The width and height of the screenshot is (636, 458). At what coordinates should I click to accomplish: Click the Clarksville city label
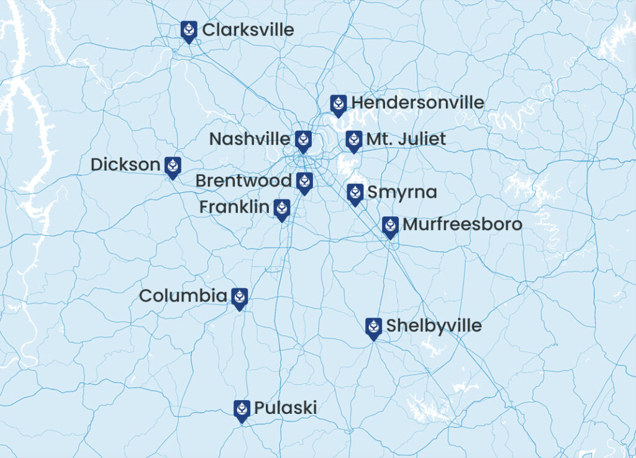248,30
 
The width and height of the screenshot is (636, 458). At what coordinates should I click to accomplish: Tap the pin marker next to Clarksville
189,30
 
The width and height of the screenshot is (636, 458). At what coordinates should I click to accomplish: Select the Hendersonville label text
417,103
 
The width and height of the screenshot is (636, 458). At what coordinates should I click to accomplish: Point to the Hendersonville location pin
338,105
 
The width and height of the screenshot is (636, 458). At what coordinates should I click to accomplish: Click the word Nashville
249,139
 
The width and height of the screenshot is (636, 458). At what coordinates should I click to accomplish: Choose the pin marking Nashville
303,141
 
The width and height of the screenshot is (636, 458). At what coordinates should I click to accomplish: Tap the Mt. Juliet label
406,139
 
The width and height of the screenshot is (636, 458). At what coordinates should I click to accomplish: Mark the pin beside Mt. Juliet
353,141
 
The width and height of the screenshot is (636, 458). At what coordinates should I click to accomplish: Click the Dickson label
125,165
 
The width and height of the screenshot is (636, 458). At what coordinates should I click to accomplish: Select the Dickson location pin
173,166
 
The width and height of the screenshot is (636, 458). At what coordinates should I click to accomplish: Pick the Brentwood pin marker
304,182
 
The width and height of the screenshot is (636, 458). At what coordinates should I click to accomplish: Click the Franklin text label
234,207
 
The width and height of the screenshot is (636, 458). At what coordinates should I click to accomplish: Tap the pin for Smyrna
355,194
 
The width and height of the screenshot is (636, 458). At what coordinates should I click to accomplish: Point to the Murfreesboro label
462,224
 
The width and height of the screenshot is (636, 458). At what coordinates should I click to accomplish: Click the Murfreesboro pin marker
390,227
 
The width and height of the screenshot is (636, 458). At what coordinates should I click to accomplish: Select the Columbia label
183,296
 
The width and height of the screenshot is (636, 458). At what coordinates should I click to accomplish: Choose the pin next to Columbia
239,298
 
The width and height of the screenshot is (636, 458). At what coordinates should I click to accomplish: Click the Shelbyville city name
434,326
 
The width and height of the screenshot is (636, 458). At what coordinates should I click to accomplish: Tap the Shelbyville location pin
373,327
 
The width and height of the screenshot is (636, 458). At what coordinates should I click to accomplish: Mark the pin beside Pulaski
242,410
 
